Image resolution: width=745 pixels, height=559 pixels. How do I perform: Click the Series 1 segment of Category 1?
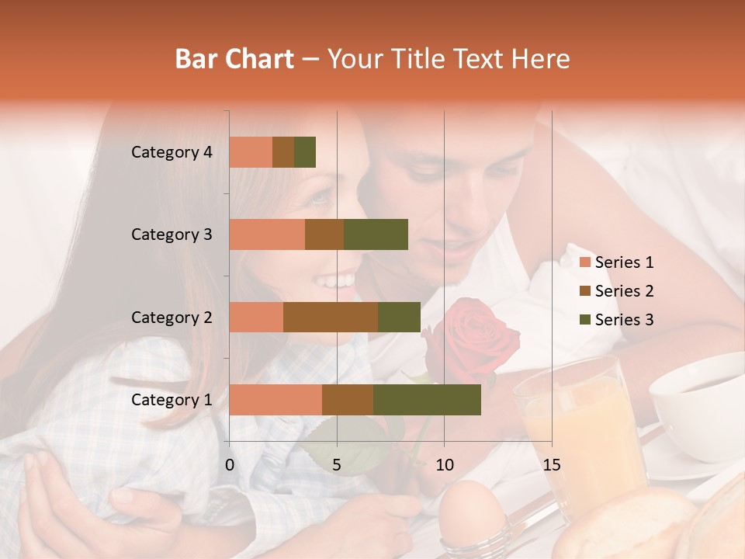pyautogui.click(x=275, y=400)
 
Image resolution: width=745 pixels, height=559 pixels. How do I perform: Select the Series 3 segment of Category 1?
pyautogui.click(x=427, y=400)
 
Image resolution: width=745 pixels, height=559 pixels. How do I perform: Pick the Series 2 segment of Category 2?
pyautogui.click(x=331, y=317)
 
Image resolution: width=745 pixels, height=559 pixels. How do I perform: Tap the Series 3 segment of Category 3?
pyautogui.click(x=376, y=234)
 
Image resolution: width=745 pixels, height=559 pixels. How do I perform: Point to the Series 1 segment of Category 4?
pyautogui.click(x=251, y=152)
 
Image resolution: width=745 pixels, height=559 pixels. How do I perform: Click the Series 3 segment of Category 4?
pyautogui.click(x=305, y=152)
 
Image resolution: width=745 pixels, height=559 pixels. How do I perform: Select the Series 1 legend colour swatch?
pyautogui.click(x=585, y=262)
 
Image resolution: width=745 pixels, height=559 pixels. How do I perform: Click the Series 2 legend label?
pyautogui.click(x=624, y=291)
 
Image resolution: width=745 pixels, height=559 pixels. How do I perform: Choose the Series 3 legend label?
pyautogui.click(x=624, y=320)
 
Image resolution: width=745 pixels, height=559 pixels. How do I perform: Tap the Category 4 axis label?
pyautogui.click(x=172, y=152)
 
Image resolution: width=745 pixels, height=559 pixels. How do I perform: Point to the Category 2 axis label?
pyautogui.click(x=172, y=317)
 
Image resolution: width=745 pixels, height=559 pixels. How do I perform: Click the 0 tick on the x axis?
pyautogui.click(x=230, y=465)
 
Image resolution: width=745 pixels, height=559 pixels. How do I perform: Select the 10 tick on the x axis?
pyautogui.click(x=444, y=465)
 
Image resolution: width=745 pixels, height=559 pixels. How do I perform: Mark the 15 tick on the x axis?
pyautogui.click(x=551, y=465)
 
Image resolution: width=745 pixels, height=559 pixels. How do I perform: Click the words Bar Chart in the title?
pyautogui.click(x=234, y=59)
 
